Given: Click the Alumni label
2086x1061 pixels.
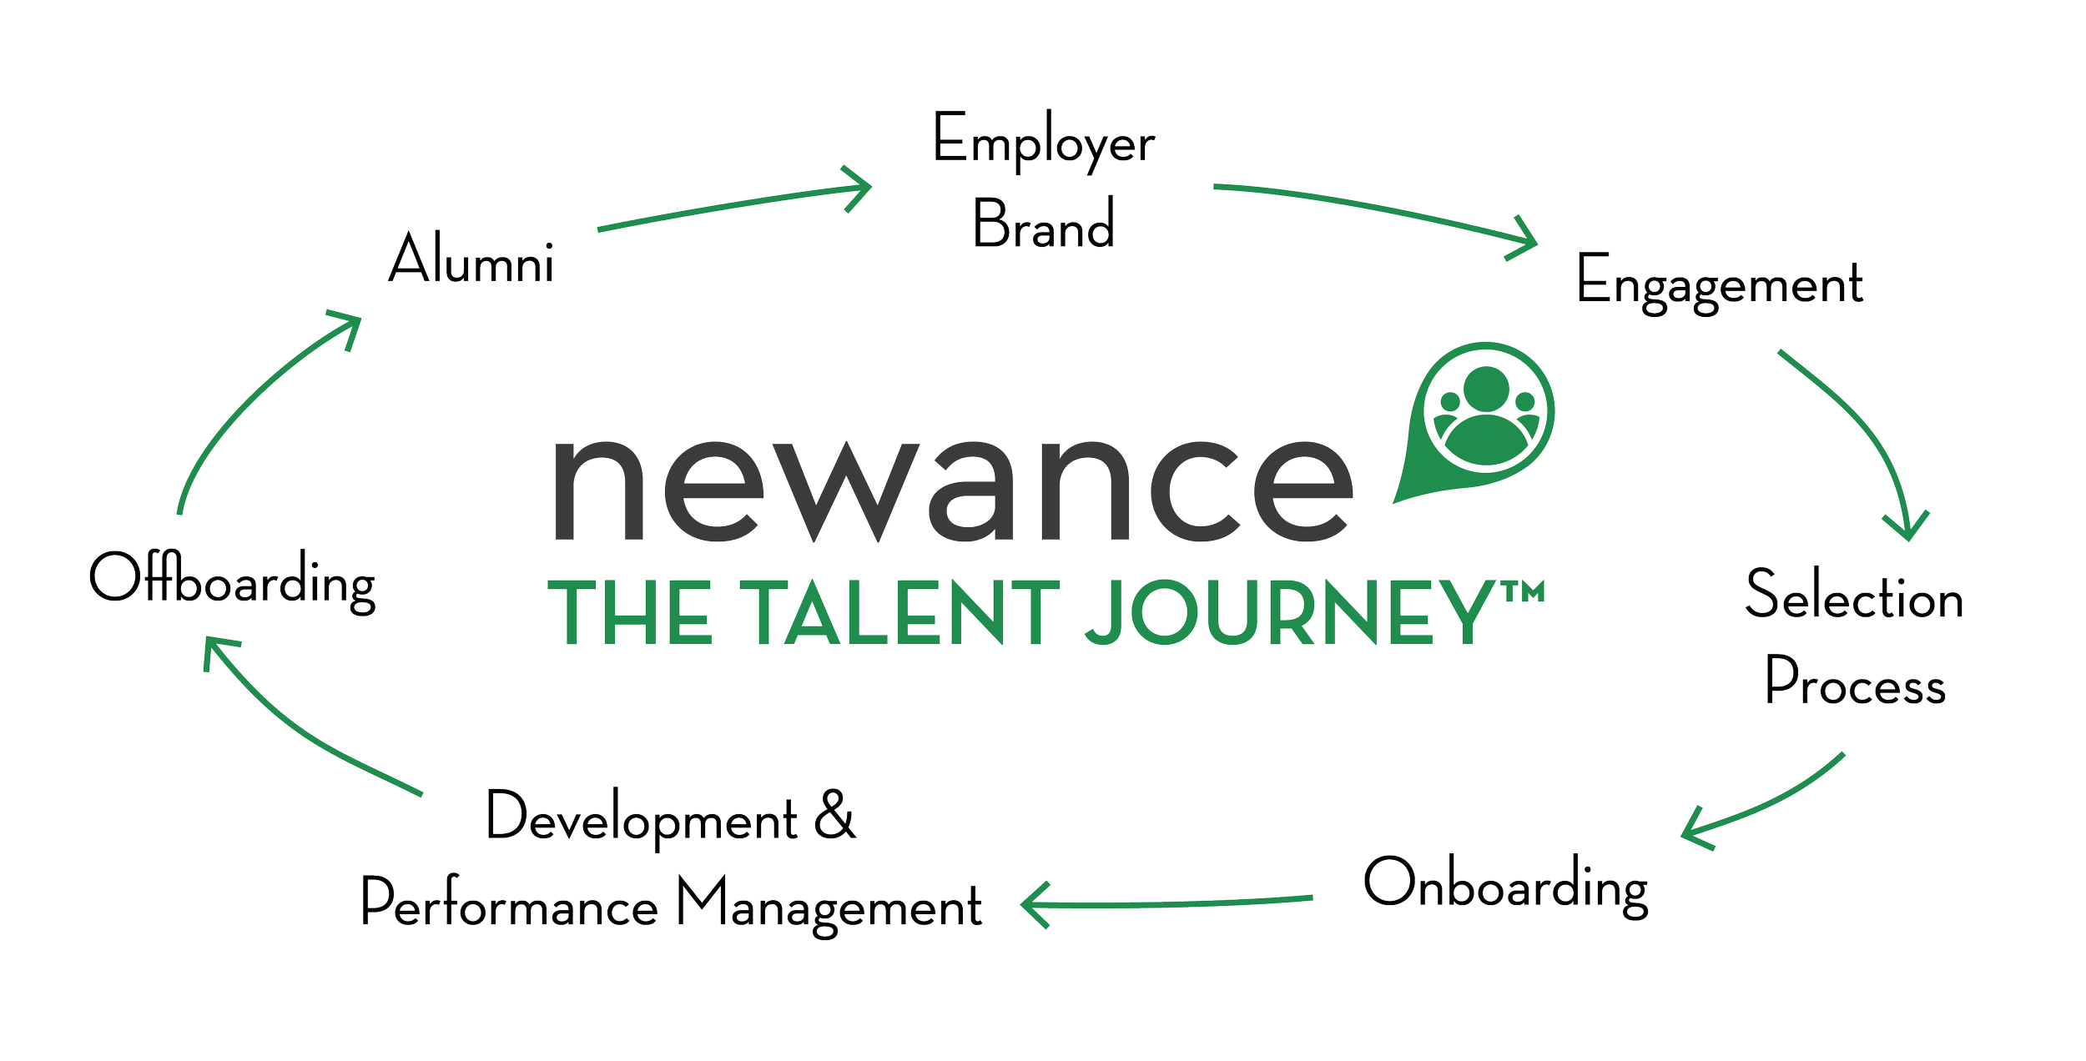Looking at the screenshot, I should click(471, 258).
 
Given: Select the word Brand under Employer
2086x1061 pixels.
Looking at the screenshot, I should click(1044, 223).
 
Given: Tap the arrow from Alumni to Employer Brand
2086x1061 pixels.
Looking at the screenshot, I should click(734, 207).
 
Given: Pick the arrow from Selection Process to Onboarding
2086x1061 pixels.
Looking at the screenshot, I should click(1761, 805).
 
